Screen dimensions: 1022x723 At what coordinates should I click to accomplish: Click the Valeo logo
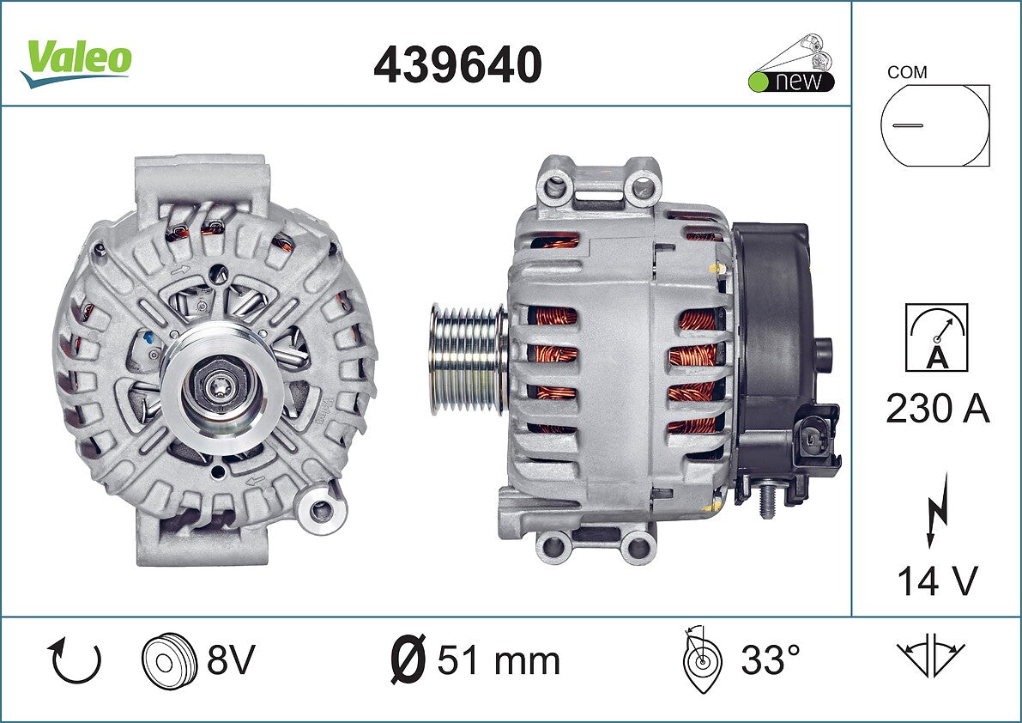click(x=76, y=61)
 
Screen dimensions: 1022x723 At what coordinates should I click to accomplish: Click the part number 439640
click(x=457, y=64)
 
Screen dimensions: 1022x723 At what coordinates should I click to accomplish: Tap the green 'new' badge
click(x=791, y=82)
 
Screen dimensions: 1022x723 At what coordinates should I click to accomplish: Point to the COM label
click(x=907, y=72)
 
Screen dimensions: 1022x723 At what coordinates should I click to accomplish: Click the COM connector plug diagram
click(x=934, y=125)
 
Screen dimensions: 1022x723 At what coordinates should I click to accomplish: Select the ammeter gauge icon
click(x=936, y=337)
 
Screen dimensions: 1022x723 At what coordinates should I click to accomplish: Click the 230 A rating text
click(x=938, y=410)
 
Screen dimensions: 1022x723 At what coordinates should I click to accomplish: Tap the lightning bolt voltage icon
click(x=937, y=510)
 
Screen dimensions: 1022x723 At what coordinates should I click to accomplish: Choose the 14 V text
click(x=937, y=580)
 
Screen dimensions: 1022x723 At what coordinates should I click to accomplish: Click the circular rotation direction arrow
click(x=75, y=661)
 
